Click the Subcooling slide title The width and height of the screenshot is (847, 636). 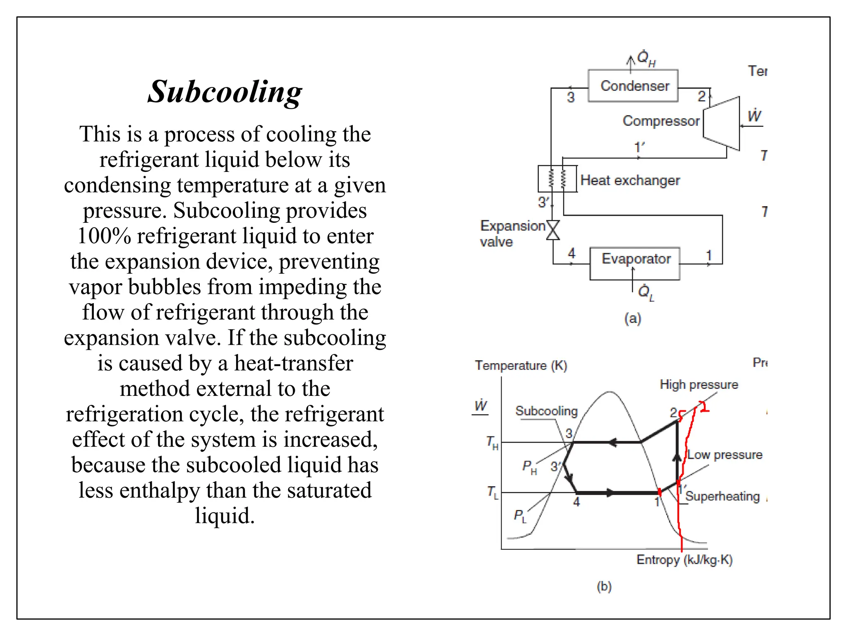pos(225,92)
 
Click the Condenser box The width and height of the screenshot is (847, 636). pos(633,86)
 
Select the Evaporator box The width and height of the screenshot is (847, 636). pos(635,263)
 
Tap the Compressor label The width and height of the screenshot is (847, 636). pos(661,121)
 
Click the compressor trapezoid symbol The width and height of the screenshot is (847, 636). pos(722,123)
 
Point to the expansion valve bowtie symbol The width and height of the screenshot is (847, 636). pos(553,230)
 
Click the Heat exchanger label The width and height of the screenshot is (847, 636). pos(630,181)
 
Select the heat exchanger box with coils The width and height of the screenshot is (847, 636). pos(557,179)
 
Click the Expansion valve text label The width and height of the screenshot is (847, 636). pos(512,234)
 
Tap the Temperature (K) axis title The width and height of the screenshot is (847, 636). pos(521,366)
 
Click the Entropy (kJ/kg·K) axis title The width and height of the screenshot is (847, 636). pos(684,560)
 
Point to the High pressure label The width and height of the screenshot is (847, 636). pos(699,385)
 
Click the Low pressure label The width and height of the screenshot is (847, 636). pos(725,455)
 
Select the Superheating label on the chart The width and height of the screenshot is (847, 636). pos(723,496)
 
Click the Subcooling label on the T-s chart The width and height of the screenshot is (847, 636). pos(546,411)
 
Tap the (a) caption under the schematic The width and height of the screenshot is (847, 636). pos(632,318)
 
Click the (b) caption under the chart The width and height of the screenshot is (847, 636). pos(604,586)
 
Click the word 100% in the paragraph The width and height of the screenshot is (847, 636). pos(104,236)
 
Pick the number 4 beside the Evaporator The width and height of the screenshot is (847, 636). pos(572,253)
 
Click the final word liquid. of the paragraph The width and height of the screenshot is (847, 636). pos(225,516)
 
